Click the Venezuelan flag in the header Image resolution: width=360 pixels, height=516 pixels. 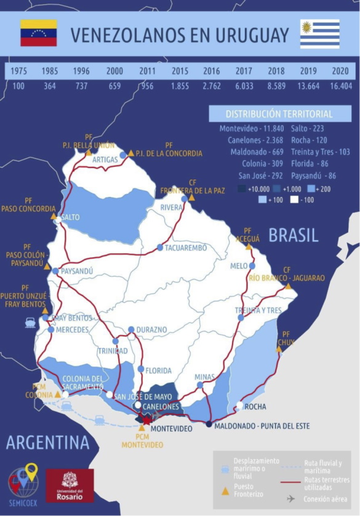pos(39,33)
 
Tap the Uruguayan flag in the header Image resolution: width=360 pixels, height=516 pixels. pos(319,34)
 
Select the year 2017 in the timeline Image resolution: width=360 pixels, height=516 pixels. pos(244,71)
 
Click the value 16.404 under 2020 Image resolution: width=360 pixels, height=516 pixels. pos(340,86)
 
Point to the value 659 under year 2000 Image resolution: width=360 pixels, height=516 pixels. pos(114,86)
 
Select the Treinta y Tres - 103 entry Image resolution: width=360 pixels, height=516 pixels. pos(319,151)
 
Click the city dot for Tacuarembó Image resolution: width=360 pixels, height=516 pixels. pos(160,248)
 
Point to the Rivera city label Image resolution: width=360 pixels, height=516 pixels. pos(172,208)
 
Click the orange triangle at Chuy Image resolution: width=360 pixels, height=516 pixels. pos(279,349)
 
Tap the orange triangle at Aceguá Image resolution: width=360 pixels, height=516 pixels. pos(249,246)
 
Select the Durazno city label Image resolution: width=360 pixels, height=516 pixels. pos(152,329)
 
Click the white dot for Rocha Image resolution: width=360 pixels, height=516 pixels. pos(239,405)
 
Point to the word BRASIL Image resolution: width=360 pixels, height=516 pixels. pos(294,235)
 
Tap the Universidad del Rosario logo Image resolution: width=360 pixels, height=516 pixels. pos(70,485)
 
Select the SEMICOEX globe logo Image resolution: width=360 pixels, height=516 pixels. pos(23,482)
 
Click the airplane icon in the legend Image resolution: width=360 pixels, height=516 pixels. pos(290,498)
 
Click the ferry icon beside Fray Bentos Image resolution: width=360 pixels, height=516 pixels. pos(30,321)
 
